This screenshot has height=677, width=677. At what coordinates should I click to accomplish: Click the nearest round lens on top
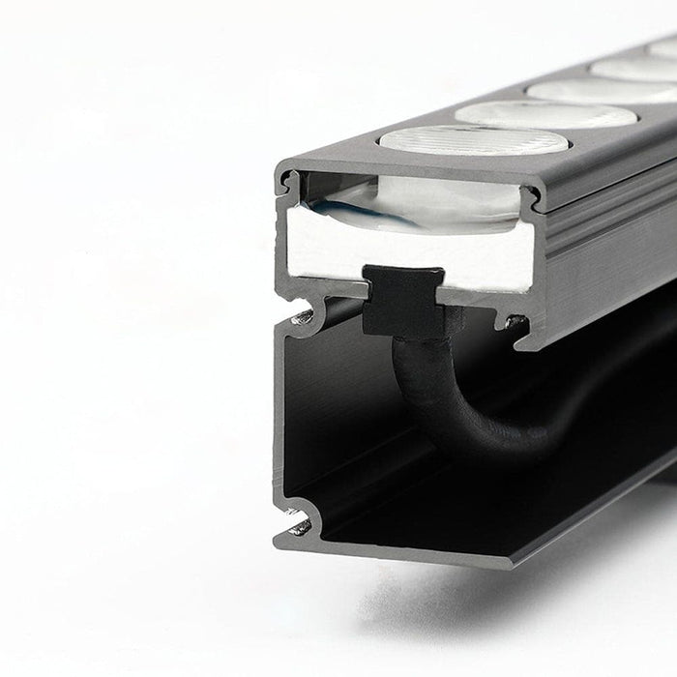click(474, 140)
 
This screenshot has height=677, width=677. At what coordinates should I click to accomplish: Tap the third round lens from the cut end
click(603, 91)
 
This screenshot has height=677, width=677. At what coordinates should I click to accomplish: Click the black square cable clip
click(403, 301)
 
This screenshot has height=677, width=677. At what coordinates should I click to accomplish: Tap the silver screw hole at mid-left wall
click(303, 316)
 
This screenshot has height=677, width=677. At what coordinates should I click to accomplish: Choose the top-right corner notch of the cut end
click(529, 197)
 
